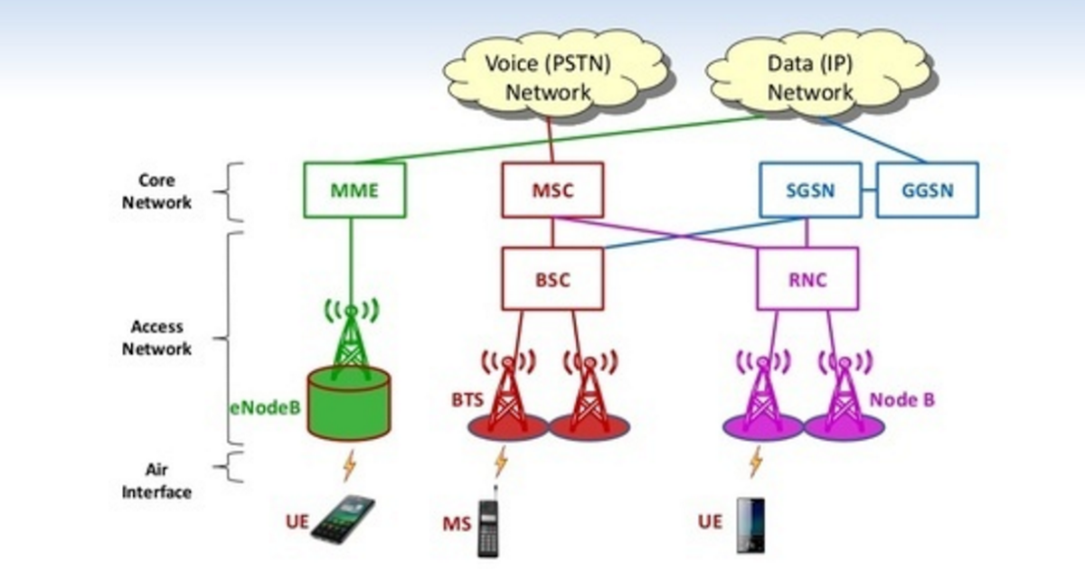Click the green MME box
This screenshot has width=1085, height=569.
click(354, 191)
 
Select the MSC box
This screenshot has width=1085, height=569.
click(552, 191)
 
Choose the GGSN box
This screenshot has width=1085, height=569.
click(927, 191)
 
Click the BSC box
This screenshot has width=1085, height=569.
click(552, 279)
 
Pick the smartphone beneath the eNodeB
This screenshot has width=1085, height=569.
click(343, 520)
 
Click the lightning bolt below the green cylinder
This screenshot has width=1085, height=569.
click(349, 466)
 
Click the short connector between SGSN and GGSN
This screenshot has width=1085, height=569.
click(869, 191)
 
